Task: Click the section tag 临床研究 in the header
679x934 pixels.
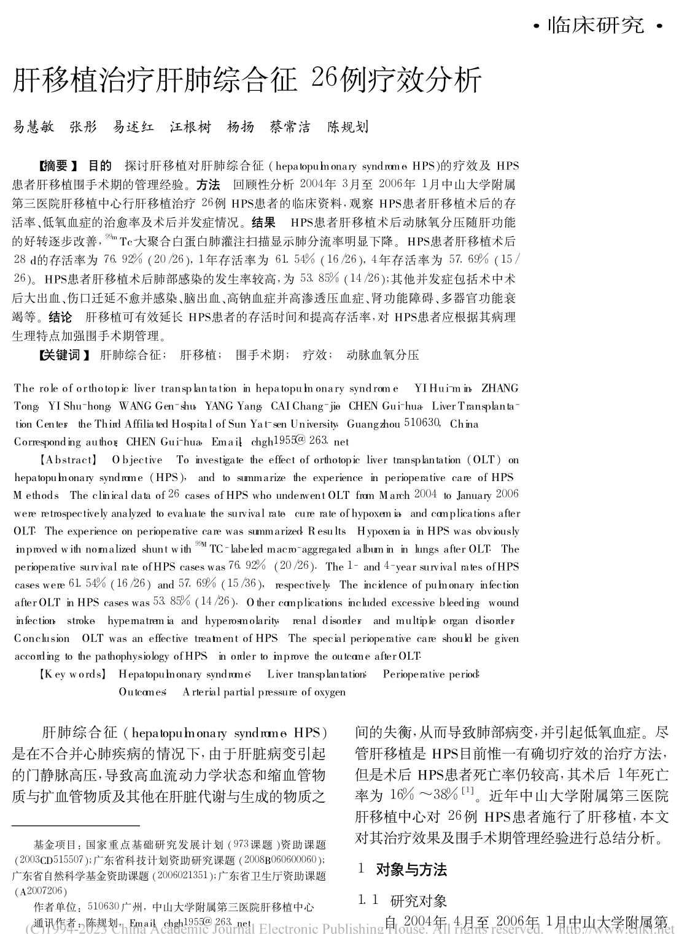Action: (596, 25)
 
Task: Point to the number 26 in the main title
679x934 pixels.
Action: (323, 79)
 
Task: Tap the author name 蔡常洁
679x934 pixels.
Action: (290, 127)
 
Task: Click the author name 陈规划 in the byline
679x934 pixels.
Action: (347, 127)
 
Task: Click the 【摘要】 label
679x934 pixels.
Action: (59, 166)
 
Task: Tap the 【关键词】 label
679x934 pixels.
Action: (64, 355)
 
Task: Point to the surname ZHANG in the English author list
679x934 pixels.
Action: (500, 388)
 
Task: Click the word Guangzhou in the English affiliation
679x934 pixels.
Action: (373, 424)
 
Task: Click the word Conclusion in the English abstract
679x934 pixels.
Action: (42, 638)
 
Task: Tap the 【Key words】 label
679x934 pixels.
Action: (72, 674)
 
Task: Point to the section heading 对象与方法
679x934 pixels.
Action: (411, 869)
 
